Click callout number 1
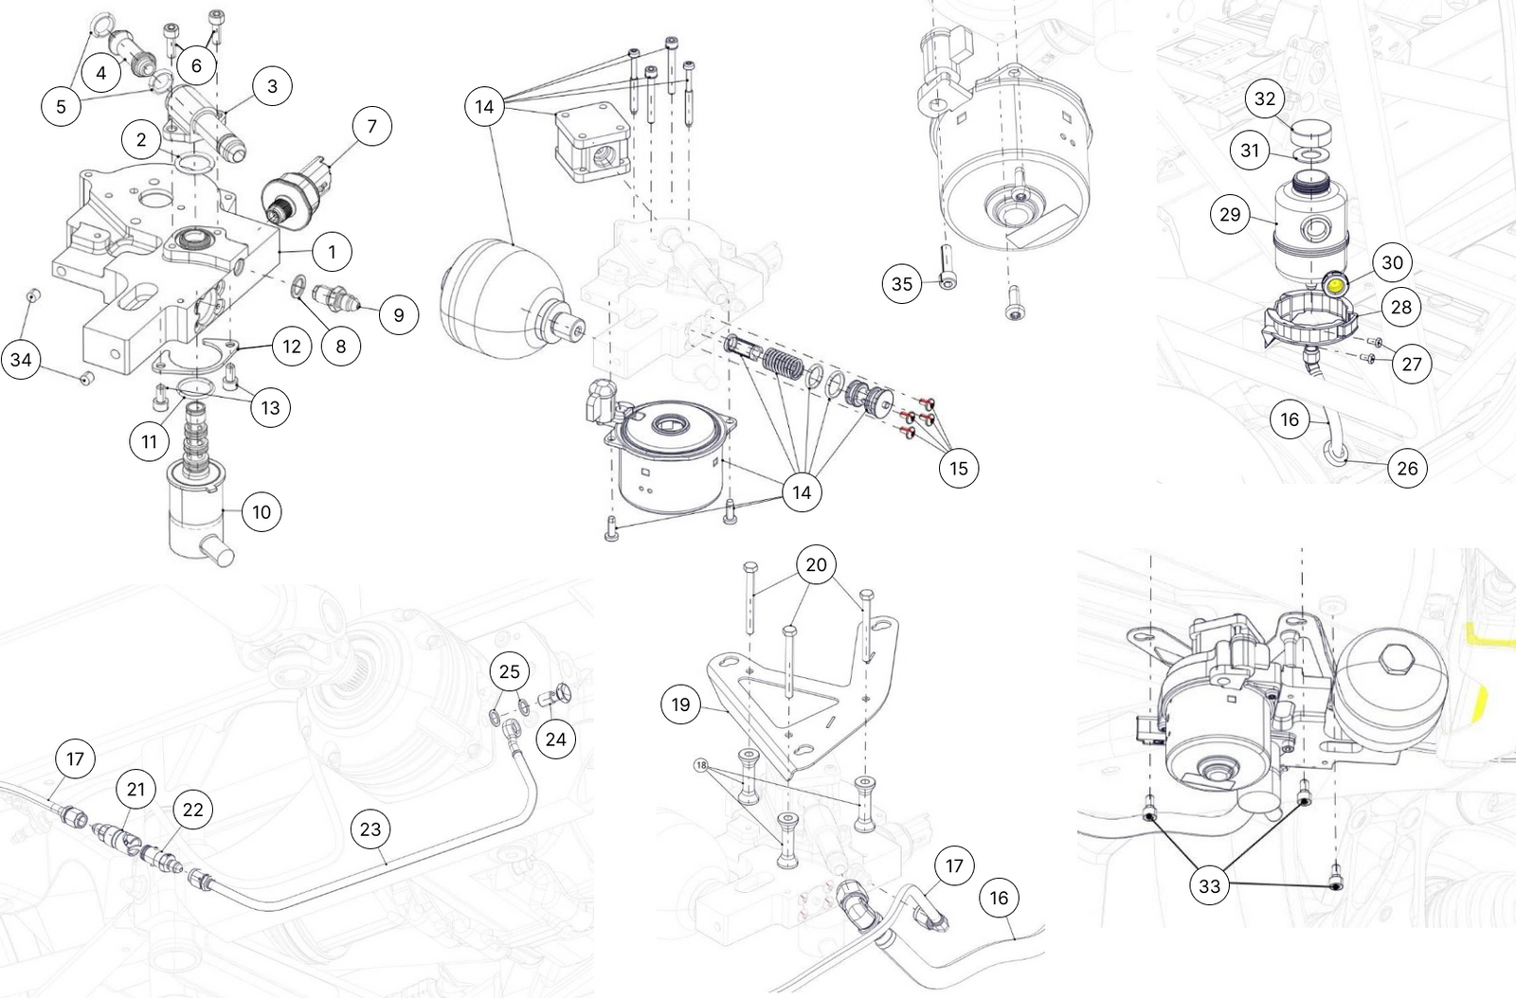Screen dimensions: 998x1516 click(x=332, y=252)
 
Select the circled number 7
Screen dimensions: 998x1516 click(x=371, y=126)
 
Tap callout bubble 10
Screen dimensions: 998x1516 click(x=262, y=512)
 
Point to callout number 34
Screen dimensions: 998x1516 click(x=21, y=360)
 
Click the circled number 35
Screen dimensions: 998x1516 click(x=902, y=283)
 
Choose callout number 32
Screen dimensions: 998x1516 click(x=1265, y=98)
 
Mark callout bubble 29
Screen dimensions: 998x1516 click(x=1230, y=215)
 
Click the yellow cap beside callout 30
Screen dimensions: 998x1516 click(x=1335, y=283)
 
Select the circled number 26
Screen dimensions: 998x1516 click(x=1408, y=468)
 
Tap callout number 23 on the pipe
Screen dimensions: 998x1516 click(x=370, y=829)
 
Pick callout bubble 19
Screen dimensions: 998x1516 click(x=680, y=704)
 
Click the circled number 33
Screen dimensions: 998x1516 click(x=1210, y=886)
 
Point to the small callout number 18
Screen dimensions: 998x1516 click(x=701, y=764)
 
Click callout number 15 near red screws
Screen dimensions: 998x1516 click(x=959, y=468)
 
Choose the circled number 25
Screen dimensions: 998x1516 click(x=510, y=671)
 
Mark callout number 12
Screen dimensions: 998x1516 click(x=292, y=347)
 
